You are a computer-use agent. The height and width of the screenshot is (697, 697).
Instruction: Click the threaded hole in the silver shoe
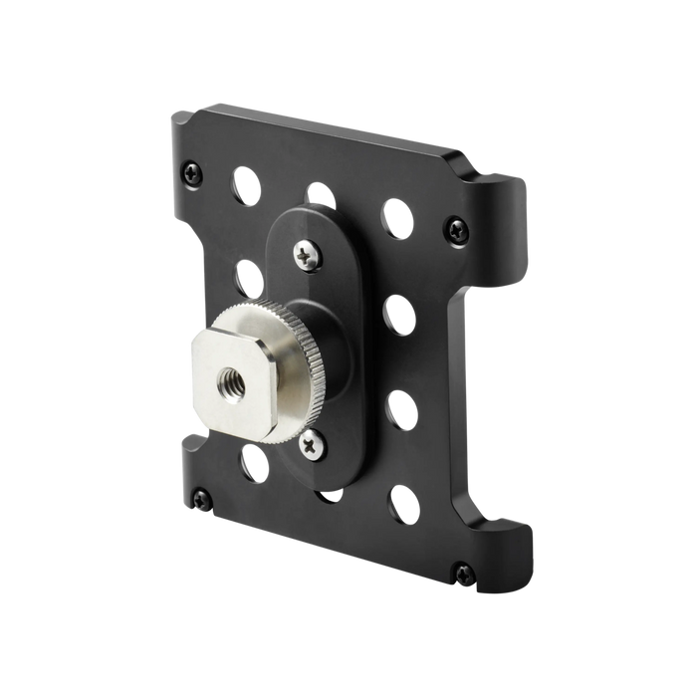click(x=226, y=376)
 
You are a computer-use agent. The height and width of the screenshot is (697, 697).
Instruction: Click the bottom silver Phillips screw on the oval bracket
click(x=318, y=445)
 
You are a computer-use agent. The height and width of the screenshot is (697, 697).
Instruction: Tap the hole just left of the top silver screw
click(x=249, y=273)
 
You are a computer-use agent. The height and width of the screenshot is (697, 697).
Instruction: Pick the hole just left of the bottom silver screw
click(x=254, y=464)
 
